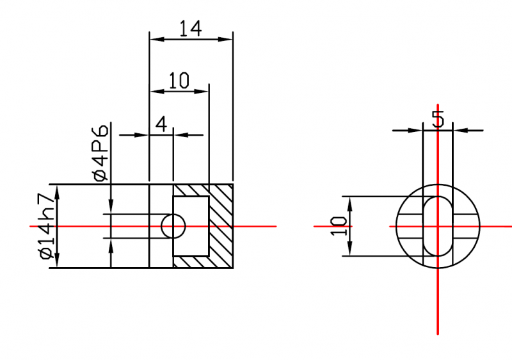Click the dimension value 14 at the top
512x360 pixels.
(x=191, y=28)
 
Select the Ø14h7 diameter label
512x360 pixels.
(x=46, y=226)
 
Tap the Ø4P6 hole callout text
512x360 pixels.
(x=100, y=152)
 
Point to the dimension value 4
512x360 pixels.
(x=161, y=124)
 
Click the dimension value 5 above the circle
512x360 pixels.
(x=438, y=119)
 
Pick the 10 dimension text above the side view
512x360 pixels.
(x=179, y=81)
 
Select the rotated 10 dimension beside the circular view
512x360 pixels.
(x=339, y=225)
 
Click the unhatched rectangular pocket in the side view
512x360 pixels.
(x=191, y=226)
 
